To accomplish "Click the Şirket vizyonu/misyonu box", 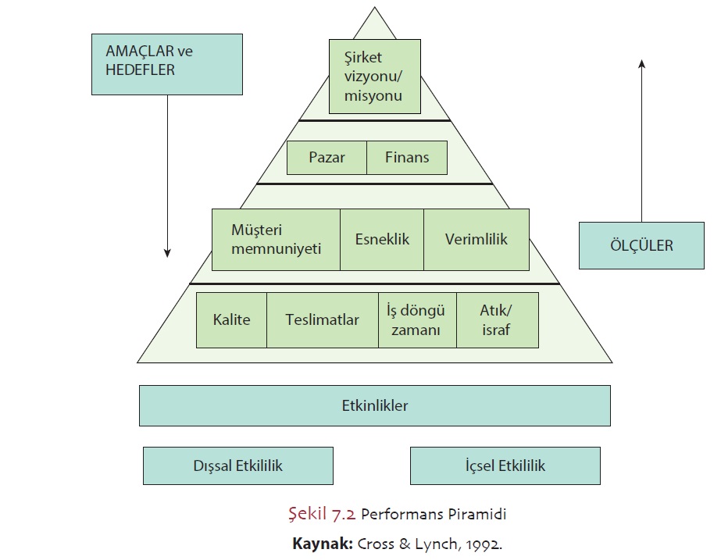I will coord(375,77).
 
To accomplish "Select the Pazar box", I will coord(327,158).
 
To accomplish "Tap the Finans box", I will coord(408,158).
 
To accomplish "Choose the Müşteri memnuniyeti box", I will coord(276,239).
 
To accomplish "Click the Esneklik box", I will coord(382,239).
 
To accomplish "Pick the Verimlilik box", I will coord(477,239).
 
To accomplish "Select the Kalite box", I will coord(231,320).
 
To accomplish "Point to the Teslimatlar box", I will coord(322,320).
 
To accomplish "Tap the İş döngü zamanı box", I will coord(417,320).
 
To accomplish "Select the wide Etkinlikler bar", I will coord(375,405).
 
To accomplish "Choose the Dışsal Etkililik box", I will coord(237,465).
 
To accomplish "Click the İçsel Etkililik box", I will coord(505,465).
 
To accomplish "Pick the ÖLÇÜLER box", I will coord(641,245).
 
